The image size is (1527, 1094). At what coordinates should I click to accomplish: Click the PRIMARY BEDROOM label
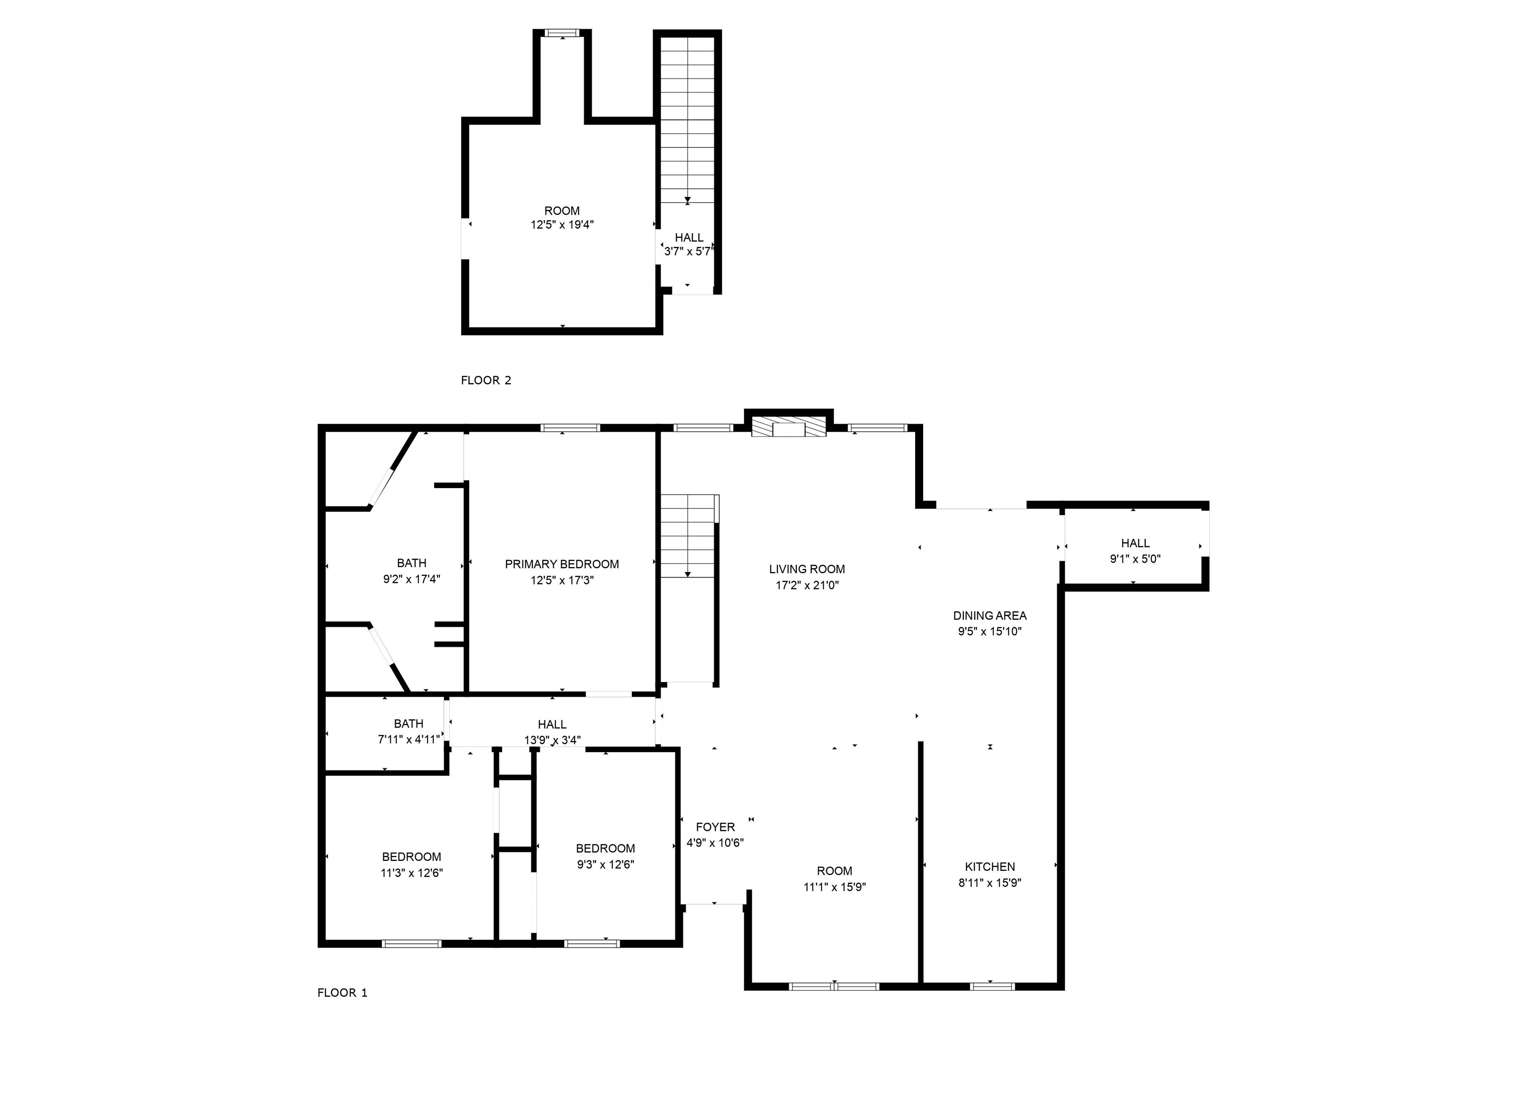pos(562,564)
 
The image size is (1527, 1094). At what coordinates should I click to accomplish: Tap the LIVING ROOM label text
pos(807,569)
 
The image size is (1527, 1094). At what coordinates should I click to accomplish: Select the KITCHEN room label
pos(990,866)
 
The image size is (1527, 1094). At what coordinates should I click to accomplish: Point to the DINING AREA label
pos(990,615)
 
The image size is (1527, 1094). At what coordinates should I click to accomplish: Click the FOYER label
pos(715,827)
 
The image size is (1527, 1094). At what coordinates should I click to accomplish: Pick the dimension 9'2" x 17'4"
pos(412,579)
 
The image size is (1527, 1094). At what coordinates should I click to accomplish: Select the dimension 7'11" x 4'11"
pos(409,739)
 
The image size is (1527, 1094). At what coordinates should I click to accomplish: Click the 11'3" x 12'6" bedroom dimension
pos(412,872)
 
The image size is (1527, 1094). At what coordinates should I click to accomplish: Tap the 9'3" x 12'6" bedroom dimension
pos(605,864)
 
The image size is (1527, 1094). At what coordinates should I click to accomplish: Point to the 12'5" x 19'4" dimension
pos(562,225)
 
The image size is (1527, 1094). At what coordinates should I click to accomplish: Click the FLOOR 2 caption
pos(486,380)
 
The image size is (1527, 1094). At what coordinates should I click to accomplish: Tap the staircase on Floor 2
pos(687,121)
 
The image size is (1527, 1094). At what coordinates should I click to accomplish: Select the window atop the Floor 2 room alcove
pos(562,32)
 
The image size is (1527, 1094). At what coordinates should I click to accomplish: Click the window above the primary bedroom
pos(570,427)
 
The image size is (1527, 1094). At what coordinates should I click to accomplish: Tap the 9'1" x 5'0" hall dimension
pos(1135,559)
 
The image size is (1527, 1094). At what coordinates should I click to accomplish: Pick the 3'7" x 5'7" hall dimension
pos(688,252)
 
